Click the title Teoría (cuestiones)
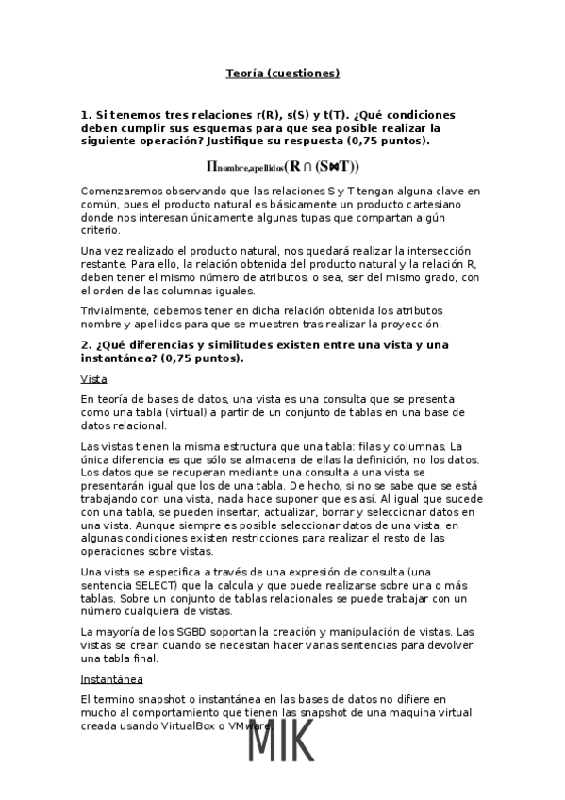282,73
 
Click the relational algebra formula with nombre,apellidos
282,167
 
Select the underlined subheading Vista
93,378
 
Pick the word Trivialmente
114,310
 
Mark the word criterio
100,230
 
